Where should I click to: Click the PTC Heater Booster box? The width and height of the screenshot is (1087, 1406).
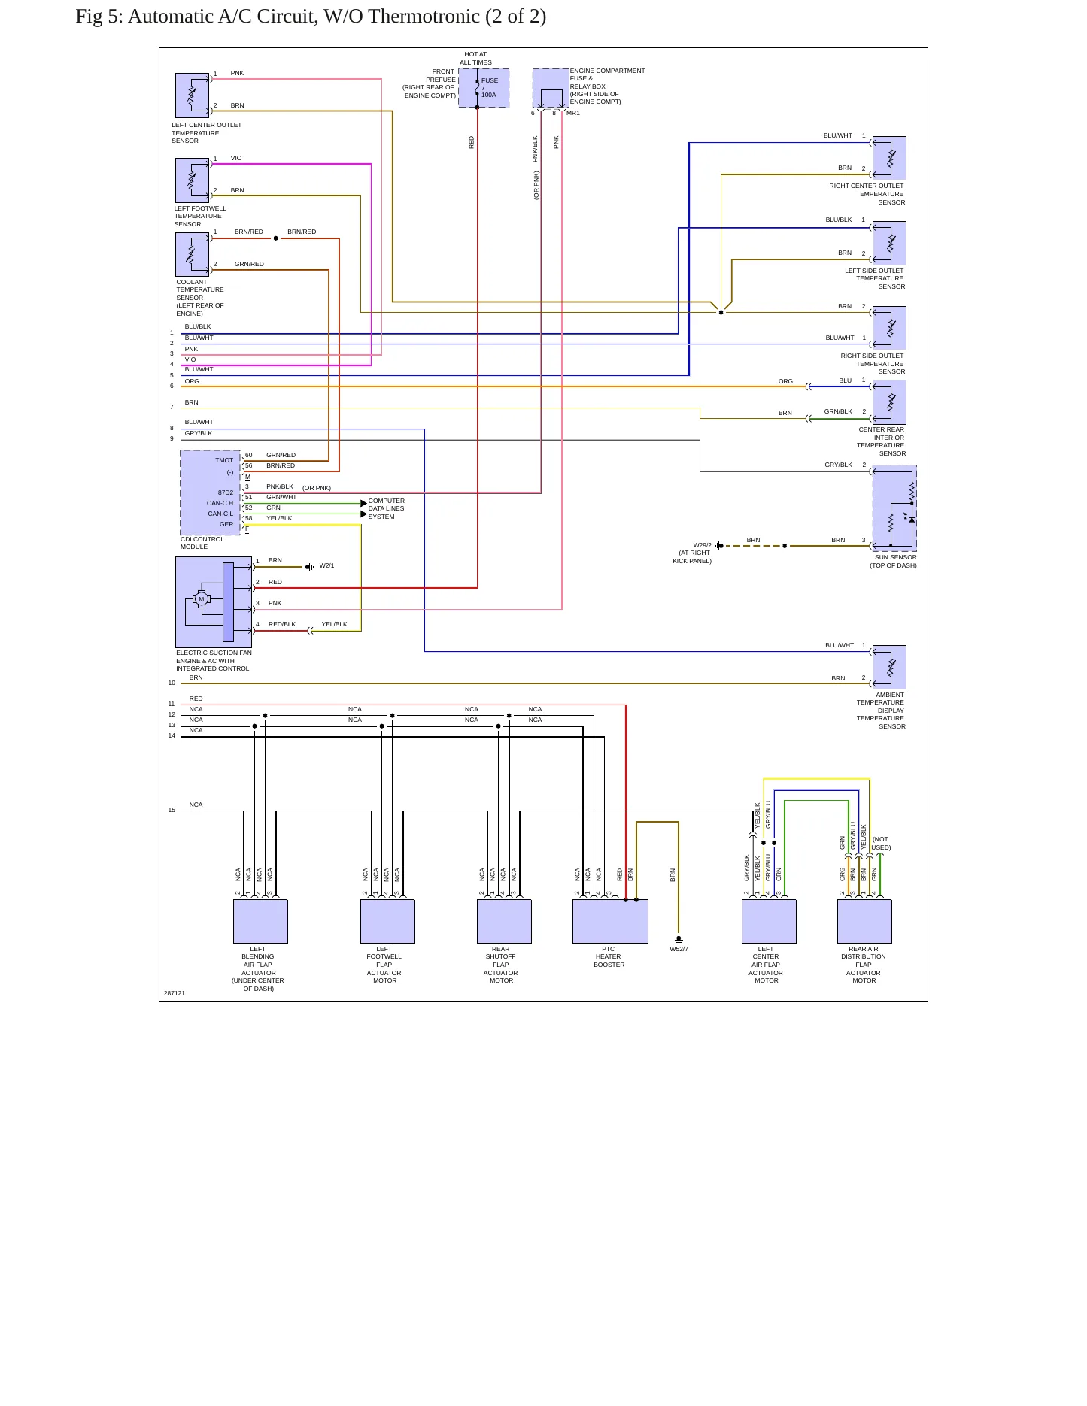point(610,921)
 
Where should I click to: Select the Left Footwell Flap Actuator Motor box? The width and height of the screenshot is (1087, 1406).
point(387,921)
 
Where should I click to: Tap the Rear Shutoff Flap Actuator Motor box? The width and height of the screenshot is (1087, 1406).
point(504,921)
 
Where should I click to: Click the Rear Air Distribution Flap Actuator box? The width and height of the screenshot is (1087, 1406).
point(864,921)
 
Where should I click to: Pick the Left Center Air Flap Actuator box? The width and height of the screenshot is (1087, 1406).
point(769,921)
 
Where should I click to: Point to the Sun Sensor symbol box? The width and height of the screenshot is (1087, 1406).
point(894,508)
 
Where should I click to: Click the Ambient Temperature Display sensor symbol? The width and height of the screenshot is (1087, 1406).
point(889,667)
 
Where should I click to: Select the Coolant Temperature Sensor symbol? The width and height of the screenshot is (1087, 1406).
point(192,254)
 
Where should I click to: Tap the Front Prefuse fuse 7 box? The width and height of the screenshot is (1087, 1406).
point(484,88)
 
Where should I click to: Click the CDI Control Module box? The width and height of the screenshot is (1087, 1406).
point(210,492)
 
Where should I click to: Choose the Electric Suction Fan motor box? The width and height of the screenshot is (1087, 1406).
point(214,602)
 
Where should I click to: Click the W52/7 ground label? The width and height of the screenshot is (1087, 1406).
point(679,949)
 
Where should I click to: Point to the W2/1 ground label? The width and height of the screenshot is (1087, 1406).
point(326,566)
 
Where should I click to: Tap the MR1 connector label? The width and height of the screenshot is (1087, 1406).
point(573,114)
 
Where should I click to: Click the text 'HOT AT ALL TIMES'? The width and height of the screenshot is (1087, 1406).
point(476,59)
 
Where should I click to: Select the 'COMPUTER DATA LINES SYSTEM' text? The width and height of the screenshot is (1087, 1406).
point(387,509)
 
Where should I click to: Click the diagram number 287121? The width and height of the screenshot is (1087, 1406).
point(175,993)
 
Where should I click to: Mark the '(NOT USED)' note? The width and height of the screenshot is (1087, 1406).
point(881,844)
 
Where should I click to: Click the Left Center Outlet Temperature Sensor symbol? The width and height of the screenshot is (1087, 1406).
point(192,95)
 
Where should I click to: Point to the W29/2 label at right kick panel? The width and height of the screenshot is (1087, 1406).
point(702,545)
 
